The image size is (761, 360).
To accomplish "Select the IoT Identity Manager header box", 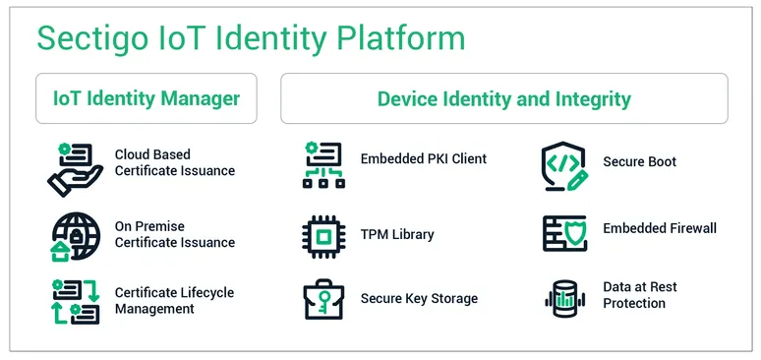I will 146,98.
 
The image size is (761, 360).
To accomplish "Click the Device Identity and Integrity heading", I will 503,98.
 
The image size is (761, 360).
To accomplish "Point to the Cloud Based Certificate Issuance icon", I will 75,167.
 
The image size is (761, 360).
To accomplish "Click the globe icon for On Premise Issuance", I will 75,237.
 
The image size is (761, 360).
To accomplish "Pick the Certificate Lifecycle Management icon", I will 75,301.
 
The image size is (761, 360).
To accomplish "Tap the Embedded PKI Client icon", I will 323,164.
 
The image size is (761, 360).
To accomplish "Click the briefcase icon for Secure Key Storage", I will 323,300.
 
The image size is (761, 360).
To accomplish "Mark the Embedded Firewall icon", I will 564,233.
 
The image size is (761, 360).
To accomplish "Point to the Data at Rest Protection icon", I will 564,298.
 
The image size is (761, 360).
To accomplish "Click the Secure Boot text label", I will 639,162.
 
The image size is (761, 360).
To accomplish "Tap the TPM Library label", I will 397,235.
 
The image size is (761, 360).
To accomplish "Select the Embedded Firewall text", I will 660,228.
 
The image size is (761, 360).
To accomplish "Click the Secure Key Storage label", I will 419,299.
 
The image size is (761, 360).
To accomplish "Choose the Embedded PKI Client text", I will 423,158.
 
